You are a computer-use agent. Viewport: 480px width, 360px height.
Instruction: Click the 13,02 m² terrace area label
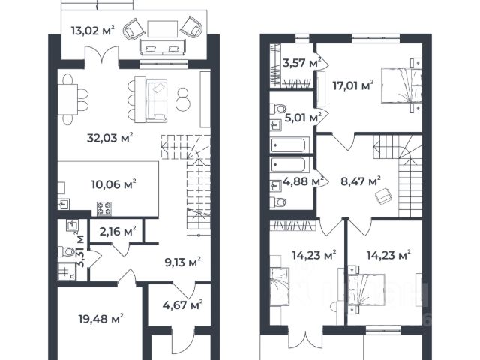93,31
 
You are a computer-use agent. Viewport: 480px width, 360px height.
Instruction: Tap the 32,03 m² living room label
110,138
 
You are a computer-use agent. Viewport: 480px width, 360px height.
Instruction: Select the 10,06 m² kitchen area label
113,184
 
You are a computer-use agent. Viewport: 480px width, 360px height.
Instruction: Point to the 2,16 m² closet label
118,232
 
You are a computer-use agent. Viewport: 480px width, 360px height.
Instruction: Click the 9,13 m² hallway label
183,262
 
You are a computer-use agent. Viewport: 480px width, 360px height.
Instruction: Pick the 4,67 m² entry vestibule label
183,305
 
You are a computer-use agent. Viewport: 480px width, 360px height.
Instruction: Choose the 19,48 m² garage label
101,319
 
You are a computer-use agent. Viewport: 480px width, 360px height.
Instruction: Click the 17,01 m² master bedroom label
353,85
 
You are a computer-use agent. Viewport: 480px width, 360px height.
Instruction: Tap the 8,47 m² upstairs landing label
361,181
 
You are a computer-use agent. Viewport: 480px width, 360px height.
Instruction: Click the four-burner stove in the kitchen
104,208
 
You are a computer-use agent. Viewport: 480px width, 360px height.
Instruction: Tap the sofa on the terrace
163,47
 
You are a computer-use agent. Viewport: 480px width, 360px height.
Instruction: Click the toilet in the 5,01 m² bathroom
278,109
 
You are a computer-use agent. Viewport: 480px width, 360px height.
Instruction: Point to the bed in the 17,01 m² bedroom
402,85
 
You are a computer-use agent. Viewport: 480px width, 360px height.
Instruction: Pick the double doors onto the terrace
102,55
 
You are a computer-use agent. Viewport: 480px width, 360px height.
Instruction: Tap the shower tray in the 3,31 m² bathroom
67,272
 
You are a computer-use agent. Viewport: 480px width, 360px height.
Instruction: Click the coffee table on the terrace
163,28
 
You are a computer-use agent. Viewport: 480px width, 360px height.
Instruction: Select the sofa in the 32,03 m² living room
157,100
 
